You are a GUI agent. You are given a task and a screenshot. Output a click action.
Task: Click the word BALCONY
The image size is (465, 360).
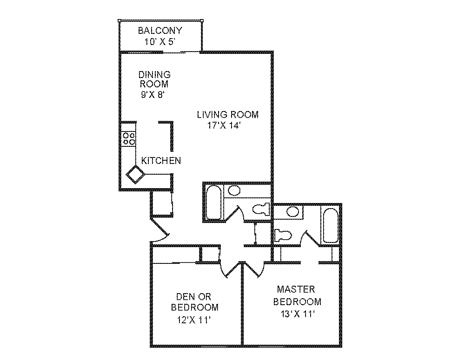click(160, 31)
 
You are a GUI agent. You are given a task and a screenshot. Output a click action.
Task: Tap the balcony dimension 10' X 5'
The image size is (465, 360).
click(160, 42)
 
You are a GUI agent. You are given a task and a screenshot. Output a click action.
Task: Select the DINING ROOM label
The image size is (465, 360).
click(154, 79)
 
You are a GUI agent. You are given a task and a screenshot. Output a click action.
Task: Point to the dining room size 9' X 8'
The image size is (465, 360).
click(153, 95)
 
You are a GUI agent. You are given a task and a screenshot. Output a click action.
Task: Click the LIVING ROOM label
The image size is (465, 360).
click(228, 115)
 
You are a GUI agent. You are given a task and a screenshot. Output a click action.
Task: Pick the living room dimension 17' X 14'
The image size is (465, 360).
click(223, 125)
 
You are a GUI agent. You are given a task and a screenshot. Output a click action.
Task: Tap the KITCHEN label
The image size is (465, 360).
click(161, 161)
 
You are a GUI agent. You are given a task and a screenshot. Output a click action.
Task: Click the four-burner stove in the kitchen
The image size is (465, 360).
click(129, 139)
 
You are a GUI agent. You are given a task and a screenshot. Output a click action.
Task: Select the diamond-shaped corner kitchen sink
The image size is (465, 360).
click(135, 175)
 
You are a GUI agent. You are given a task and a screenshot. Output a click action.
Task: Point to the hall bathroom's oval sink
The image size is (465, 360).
click(234, 191)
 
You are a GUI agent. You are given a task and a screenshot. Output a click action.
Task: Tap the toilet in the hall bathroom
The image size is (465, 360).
click(261, 209)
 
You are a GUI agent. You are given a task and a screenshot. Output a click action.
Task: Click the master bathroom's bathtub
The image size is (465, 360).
click(330, 226)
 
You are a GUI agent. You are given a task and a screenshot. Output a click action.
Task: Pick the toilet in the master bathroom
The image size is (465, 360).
click(283, 236)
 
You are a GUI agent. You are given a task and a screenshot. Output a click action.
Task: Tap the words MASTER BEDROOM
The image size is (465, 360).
click(297, 295)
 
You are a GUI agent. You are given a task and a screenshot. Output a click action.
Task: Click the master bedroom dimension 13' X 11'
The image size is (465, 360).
click(298, 314)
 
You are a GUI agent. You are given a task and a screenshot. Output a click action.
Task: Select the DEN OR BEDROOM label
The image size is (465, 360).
click(195, 302)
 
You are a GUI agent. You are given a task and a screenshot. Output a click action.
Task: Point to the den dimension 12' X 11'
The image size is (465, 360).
click(194, 320)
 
